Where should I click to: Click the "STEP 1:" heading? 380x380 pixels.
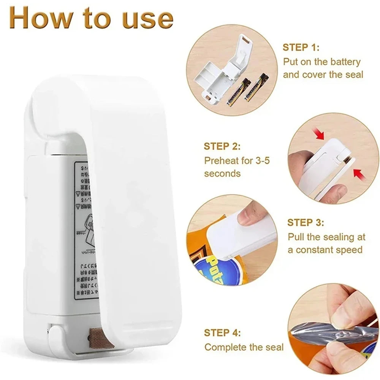301,47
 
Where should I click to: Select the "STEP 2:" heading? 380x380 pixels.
222,146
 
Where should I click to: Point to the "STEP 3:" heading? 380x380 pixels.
306,222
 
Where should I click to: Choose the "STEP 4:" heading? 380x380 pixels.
222,333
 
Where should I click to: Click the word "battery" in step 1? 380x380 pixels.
342,61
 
